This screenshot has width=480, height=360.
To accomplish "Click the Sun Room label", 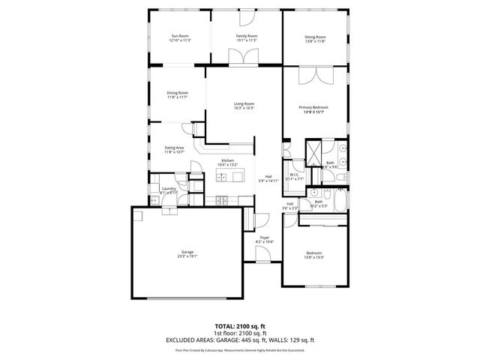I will click(x=179, y=36).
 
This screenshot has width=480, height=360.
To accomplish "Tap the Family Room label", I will click(x=247, y=36).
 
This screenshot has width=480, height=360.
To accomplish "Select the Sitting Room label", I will click(x=315, y=37).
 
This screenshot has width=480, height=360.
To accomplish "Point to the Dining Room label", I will click(x=177, y=92).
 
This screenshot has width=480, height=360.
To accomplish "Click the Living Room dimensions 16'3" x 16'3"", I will click(x=244, y=108).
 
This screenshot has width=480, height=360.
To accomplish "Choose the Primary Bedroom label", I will click(x=314, y=107).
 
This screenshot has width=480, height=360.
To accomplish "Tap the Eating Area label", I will click(x=175, y=148).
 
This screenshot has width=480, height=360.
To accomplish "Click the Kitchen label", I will click(x=227, y=160).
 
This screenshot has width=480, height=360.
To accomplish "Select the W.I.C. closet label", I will click(x=295, y=175).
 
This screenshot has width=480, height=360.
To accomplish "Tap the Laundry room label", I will click(x=169, y=188).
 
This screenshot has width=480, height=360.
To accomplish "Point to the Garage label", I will click(x=187, y=251).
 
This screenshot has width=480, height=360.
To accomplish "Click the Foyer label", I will click(x=265, y=237).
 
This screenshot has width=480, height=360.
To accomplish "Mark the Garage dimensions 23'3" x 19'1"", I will click(x=187, y=256).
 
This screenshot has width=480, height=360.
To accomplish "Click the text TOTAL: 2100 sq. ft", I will click(x=240, y=326).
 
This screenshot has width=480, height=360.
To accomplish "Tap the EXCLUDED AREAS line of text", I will click(x=240, y=340).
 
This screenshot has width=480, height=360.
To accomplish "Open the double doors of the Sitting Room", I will click(x=315, y=75).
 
